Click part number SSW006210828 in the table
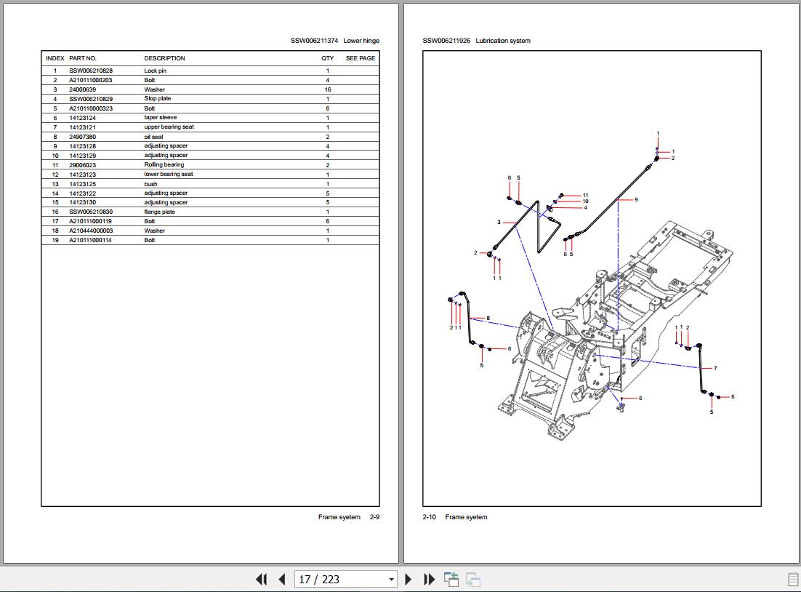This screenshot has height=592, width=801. (x=91, y=71)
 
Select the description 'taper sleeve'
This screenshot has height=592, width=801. (x=160, y=117)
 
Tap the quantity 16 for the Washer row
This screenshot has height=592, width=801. (x=328, y=89)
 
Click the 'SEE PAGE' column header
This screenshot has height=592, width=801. (x=361, y=58)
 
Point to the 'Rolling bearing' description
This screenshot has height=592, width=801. (x=164, y=164)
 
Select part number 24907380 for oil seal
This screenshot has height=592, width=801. (x=82, y=137)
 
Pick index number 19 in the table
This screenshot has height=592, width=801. (x=55, y=240)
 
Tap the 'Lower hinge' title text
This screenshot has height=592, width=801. (x=361, y=41)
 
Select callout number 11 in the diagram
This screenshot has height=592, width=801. (x=585, y=195)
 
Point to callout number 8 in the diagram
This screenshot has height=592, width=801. (x=488, y=318)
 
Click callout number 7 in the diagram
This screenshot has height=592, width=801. (x=715, y=368)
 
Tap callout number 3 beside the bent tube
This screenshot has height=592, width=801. (x=499, y=222)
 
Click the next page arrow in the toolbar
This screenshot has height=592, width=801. (x=408, y=580)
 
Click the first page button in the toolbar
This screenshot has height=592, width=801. (x=261, y=580)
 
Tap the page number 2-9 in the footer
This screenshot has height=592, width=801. (x=374, y=517)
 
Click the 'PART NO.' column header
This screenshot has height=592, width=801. (x=83, y=58)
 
